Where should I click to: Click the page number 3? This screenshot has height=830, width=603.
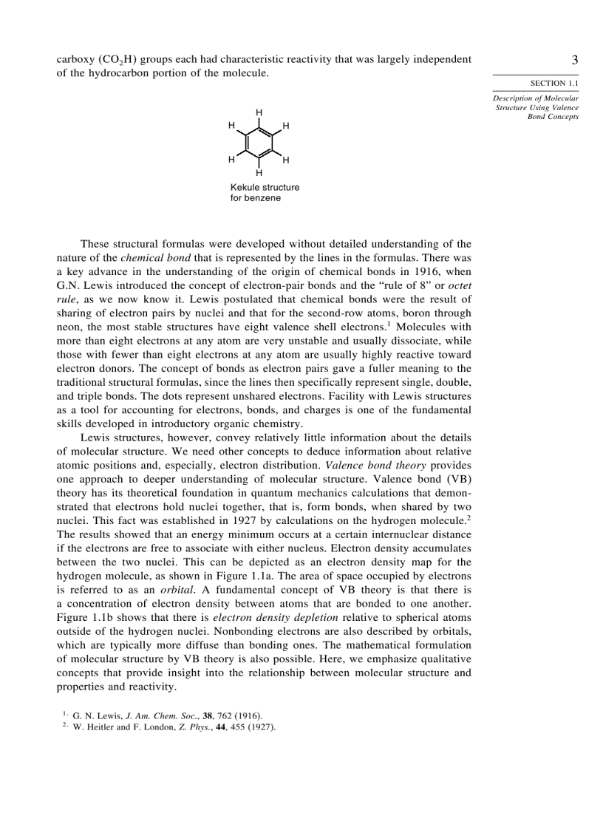click(x=574, y=60)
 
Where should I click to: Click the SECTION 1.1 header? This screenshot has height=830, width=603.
click(x=554, y=84)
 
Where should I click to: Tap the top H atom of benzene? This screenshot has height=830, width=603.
click(x=259, y=112)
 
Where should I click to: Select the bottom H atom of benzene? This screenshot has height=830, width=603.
click(x=259, y=173)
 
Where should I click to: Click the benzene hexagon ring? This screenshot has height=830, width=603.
click(x=259, y=143)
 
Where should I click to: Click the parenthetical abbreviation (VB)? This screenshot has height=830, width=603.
click(x=457, y=466)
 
